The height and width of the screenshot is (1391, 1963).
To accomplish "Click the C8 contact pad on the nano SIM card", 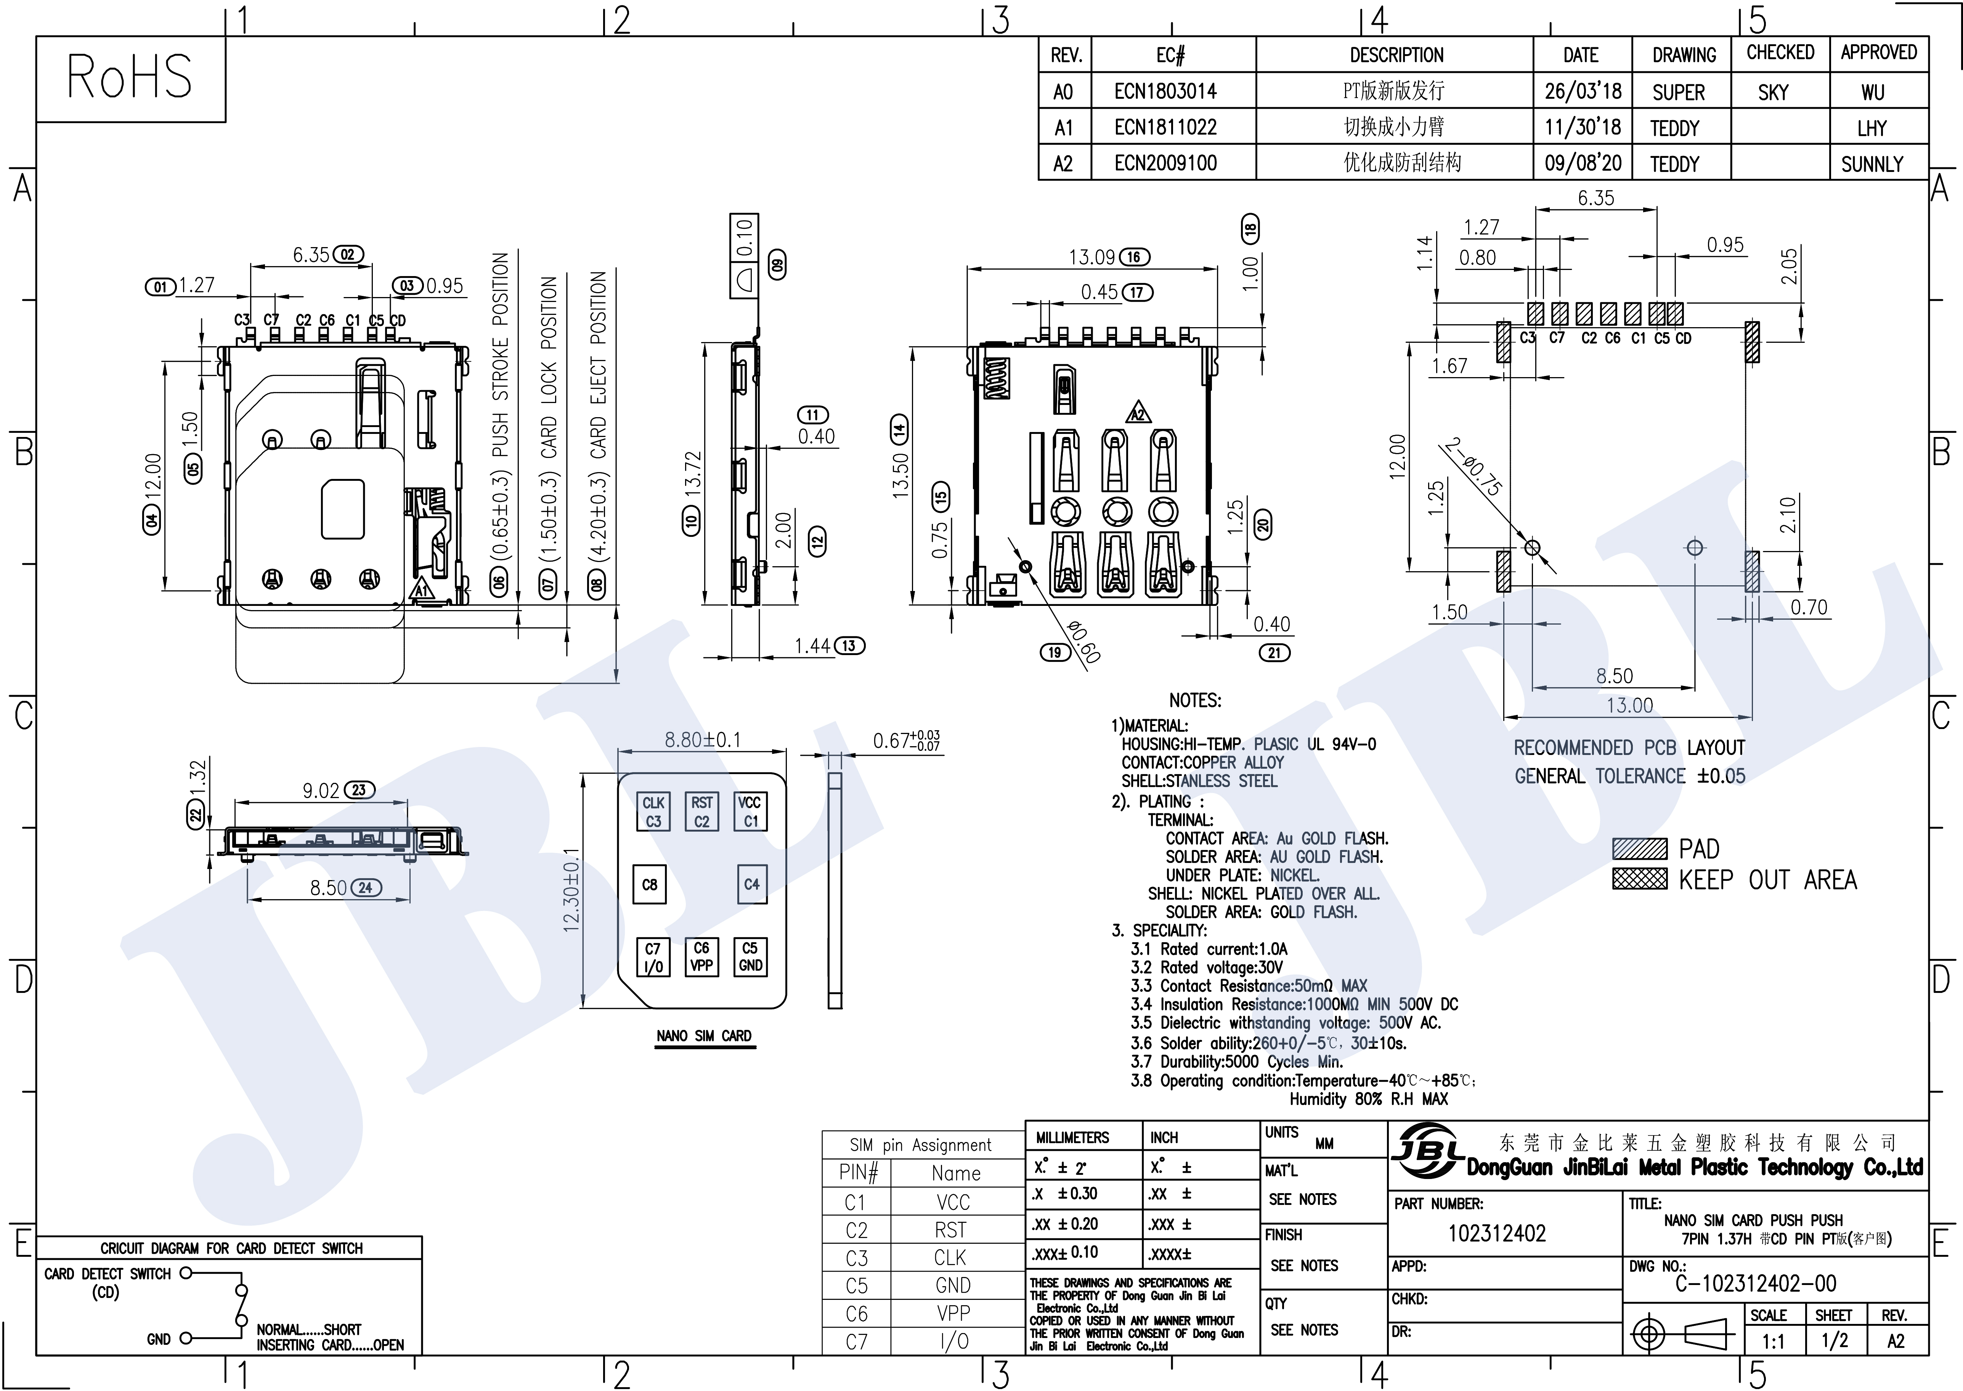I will point(650,884).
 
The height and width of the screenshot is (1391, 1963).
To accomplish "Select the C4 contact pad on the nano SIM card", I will point(751,884).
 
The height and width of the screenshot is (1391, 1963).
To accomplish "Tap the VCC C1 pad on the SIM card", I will point(750,811).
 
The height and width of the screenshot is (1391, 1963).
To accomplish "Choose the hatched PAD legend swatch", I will point(1639,849).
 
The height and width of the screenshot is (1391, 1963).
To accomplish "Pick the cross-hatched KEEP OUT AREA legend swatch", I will point(1639,879).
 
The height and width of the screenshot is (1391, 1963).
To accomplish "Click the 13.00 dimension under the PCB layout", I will point(1629,705).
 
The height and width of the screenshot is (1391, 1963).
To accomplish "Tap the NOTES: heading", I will point(1195,700).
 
